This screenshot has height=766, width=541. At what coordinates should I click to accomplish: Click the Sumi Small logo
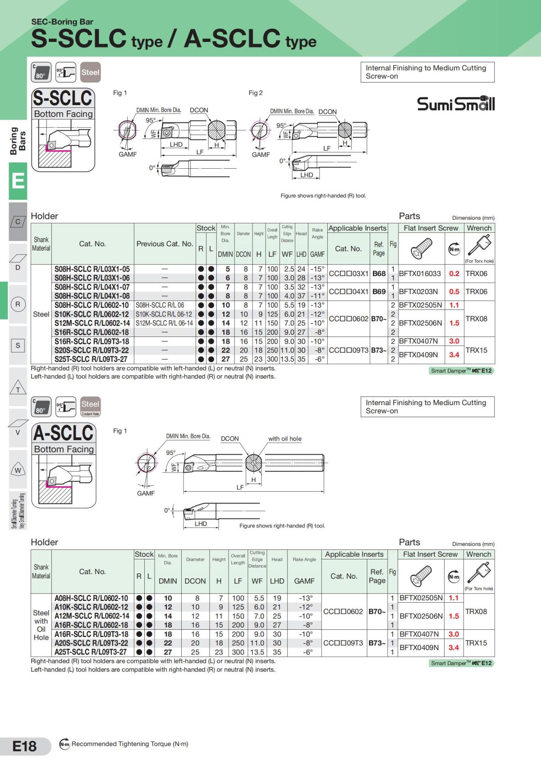455,103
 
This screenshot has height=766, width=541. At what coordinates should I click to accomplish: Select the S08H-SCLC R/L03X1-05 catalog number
92,269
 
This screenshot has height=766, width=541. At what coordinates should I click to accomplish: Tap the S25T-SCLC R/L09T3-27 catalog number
91,359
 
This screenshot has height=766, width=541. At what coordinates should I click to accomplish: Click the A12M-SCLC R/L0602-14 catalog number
92,616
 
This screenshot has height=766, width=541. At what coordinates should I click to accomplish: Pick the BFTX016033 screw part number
420,273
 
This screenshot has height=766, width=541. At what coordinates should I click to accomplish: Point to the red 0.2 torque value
454,273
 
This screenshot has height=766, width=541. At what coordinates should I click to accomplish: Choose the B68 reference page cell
379,273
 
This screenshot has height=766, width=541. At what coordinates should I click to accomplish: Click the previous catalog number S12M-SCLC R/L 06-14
164,323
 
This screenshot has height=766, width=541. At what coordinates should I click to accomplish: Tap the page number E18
24,746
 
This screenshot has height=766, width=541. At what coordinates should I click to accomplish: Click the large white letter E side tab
18,181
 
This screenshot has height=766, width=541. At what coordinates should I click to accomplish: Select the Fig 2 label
256,93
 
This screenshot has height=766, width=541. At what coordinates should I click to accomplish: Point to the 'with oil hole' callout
284,438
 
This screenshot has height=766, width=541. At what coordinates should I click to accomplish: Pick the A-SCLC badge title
63,433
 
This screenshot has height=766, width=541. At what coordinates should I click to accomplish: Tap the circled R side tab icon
18,304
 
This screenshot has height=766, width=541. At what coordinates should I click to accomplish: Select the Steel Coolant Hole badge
90,406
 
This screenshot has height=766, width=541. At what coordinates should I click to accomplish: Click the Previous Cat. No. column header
165,244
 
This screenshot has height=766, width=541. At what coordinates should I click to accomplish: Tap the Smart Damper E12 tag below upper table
461,371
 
